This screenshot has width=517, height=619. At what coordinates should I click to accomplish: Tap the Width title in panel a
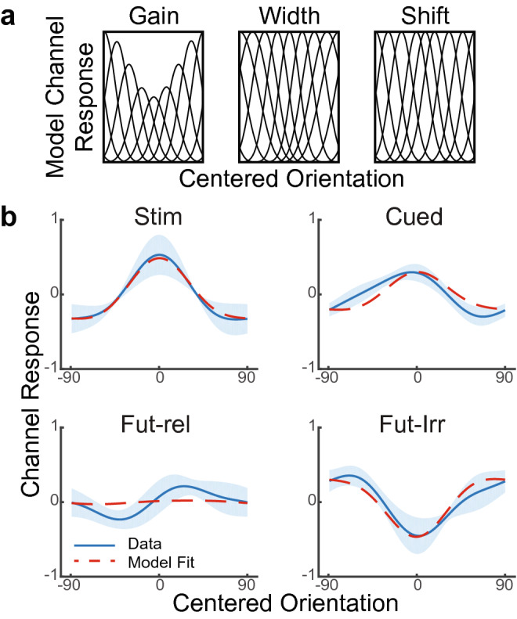point(288,16)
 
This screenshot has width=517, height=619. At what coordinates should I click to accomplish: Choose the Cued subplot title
point(416,210)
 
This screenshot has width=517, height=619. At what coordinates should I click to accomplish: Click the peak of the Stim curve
point(159,257)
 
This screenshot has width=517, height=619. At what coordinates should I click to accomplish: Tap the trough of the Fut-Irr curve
point(416,536)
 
